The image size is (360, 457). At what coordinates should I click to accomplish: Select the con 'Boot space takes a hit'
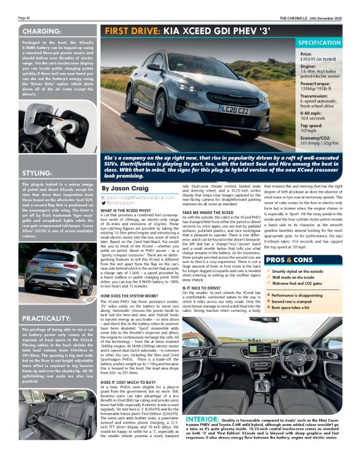pyautogui.click(x=291, y=306)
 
